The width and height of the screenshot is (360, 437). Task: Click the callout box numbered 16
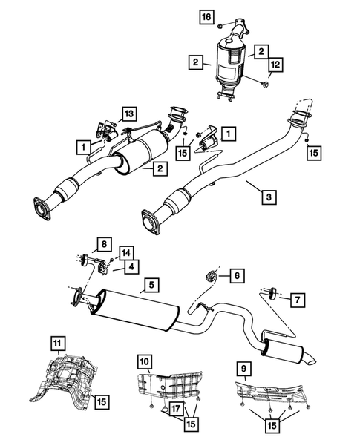click(206, 16)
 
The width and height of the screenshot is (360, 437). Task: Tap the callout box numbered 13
click(130, 113)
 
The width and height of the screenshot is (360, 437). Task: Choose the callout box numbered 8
click(104, 243)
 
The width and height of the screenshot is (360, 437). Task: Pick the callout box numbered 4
click(131, 266)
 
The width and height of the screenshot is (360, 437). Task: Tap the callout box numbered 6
click(237, 276)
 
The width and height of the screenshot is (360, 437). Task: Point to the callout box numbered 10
click(145, 361)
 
